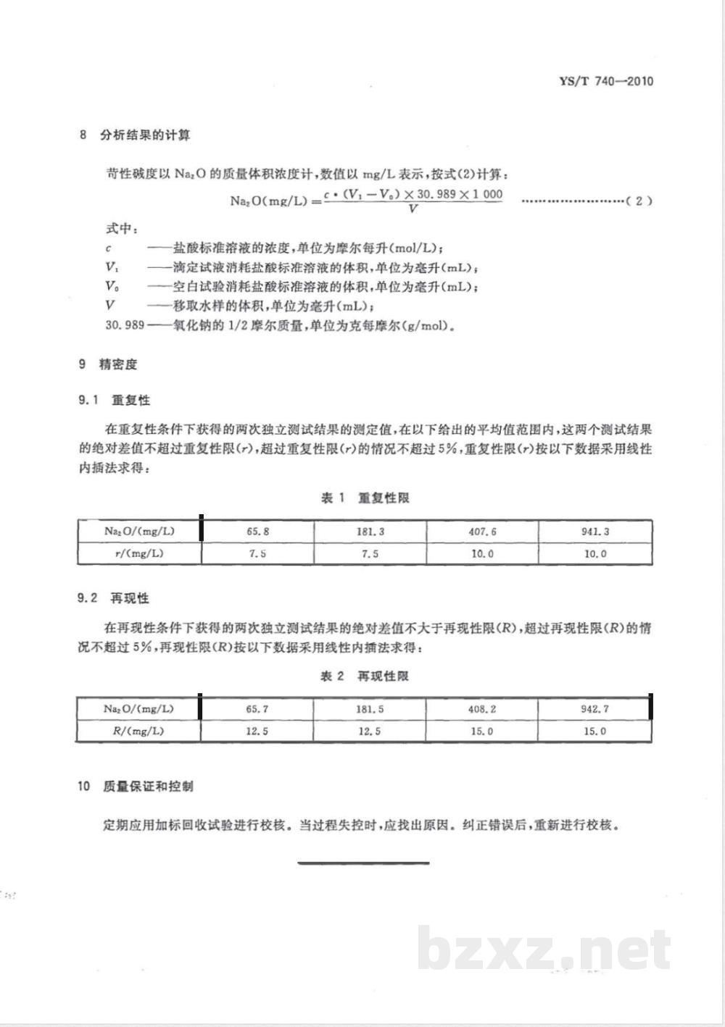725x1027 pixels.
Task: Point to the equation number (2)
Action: point(638,201)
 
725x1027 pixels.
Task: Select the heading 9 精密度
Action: point(108,364)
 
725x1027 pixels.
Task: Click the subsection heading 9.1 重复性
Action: point(114,400)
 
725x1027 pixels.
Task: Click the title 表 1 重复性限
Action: point(365,498)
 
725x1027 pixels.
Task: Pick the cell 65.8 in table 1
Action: point(257,531)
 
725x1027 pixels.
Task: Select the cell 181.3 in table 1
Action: point(370,531)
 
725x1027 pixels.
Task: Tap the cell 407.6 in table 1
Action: point(482,531)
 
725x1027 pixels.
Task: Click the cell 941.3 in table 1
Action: point(594,531)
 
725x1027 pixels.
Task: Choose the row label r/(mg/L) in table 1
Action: point(139,553)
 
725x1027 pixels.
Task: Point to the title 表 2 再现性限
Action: point(365,676)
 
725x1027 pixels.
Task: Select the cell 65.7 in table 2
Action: point(257,709)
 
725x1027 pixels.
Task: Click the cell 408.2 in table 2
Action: point(482,709)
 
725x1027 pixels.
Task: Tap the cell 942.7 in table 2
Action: point(594,709)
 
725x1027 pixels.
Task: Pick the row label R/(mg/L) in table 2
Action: point(138,731)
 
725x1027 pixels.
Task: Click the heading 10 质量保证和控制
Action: point(136,786)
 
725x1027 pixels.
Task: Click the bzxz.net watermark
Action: point(544,950)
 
